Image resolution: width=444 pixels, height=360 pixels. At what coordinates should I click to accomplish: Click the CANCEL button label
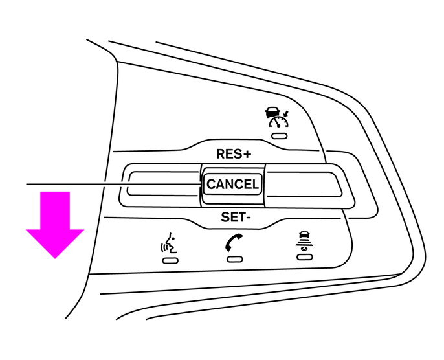click(232, 185)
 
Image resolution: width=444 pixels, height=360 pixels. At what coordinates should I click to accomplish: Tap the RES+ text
click(233, 154)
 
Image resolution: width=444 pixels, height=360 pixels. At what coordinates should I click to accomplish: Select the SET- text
click(236, 217)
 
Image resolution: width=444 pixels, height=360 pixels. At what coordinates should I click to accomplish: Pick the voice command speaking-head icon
click(169, 244)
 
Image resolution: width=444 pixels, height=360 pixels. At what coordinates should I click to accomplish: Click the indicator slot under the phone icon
click(234, 259)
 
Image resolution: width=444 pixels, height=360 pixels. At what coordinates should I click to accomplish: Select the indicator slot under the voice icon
click(170, 260)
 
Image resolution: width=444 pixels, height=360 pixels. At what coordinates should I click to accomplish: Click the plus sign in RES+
click(247, 154)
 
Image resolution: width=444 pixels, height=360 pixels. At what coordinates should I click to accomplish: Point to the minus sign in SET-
click(249, 218)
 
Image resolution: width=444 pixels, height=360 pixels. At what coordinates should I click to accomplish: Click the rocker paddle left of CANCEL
click(162, 183)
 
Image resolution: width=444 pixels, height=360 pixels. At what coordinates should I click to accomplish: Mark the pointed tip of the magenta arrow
click(54, 257)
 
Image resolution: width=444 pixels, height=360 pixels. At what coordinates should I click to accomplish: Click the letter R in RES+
click(220, 154)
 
